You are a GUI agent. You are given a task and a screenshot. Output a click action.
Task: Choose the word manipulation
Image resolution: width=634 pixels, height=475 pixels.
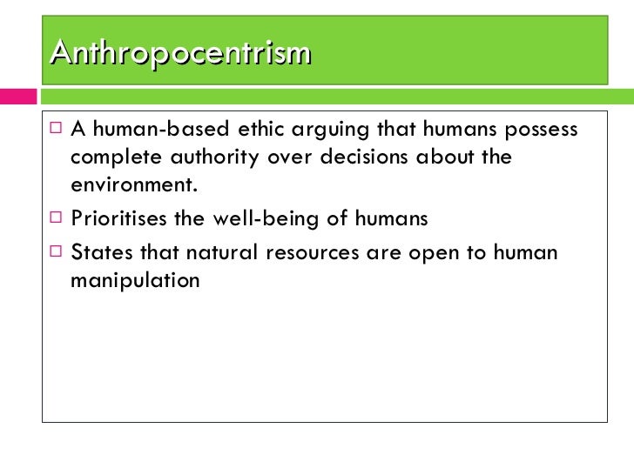[x=135, y=281]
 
